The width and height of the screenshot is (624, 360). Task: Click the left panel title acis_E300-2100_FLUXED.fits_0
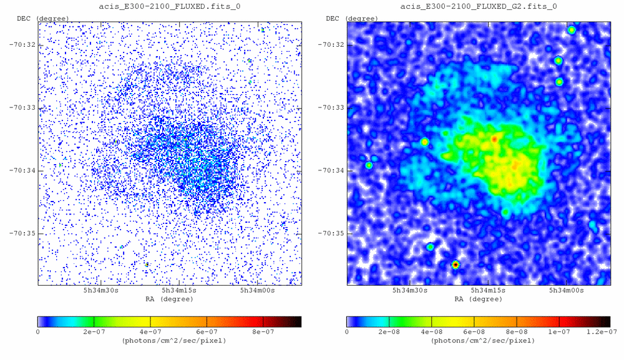tap(170, 6)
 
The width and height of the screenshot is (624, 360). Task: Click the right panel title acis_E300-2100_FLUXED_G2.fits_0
tap(479, 6)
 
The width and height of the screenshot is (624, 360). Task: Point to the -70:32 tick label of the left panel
tap(22, 45)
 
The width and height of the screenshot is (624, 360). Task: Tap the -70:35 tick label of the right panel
tap(331, 234)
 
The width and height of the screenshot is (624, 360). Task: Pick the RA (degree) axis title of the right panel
tap(479, 299)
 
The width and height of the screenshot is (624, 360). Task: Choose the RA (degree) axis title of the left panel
tap(170, 299)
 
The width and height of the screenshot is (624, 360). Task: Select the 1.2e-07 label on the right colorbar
tap(601, 332)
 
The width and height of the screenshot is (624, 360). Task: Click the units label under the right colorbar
tap(479, 341)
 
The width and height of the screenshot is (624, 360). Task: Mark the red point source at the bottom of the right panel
tap(456, 265)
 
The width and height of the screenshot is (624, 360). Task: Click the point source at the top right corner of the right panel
tap(571, 30)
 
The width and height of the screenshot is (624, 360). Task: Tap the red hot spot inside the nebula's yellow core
tap(494, 139)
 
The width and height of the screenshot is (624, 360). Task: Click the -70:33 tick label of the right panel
tap(331, 108)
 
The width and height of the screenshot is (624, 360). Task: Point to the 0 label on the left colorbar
tap(38, 332)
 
